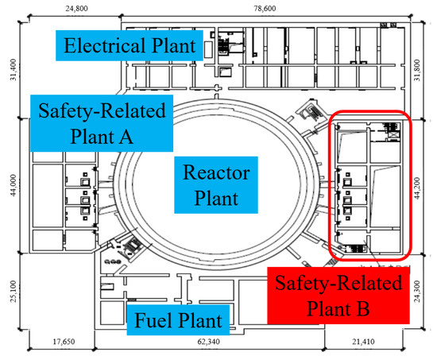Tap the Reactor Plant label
pos(216,186)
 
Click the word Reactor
pos(216,172)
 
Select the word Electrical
pos(104,45)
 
